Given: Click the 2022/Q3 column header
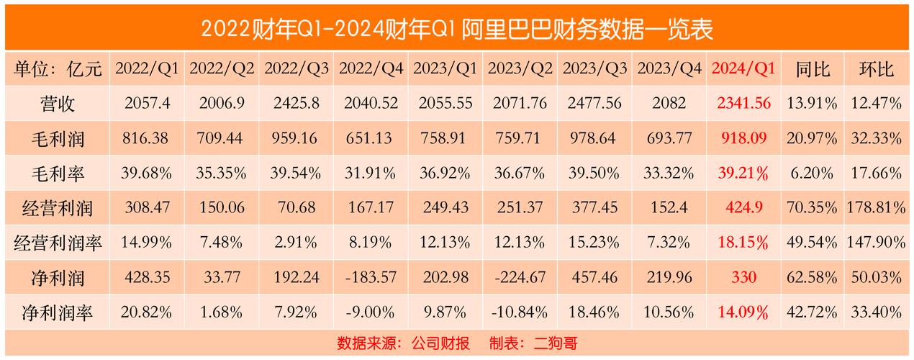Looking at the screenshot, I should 297,69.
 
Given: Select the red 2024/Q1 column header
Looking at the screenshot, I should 743,69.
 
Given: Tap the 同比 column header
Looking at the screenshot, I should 813,69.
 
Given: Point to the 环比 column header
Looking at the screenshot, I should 877,69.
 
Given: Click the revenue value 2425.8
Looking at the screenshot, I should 297,104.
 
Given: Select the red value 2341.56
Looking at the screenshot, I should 743,104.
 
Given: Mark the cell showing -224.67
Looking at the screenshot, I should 520,278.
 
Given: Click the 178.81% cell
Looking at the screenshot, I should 877,208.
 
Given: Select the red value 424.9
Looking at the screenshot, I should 743,208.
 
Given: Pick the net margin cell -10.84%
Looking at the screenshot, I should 520,312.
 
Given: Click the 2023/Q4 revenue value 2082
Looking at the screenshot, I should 669,104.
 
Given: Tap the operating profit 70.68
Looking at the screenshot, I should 297,208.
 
